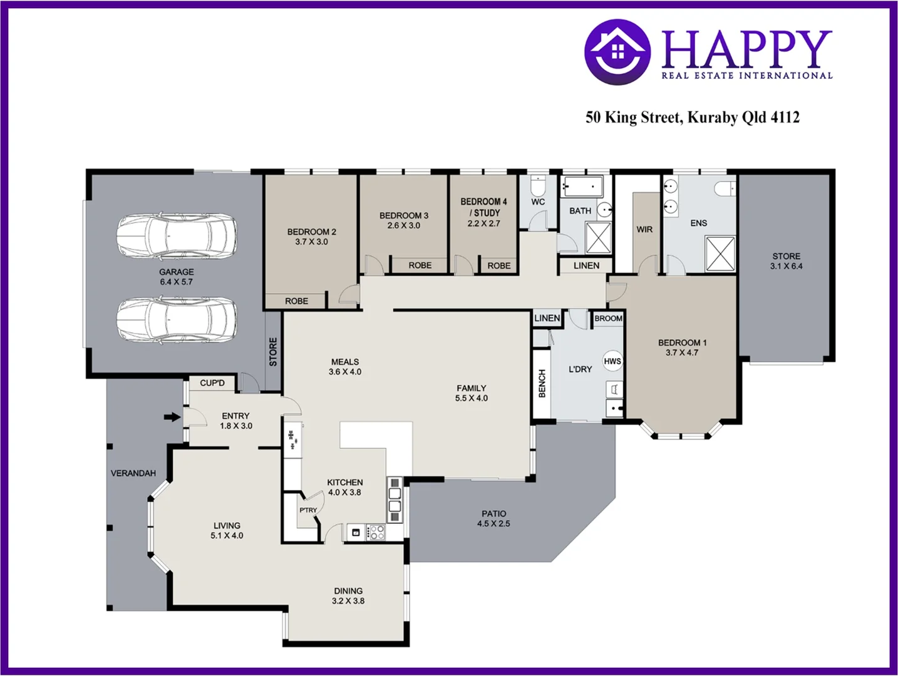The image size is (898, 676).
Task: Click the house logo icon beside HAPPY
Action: (617, 51)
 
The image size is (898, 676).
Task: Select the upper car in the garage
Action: (177, 237)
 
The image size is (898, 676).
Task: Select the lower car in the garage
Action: (177, 320)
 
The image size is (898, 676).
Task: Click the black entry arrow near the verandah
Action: (172, 417)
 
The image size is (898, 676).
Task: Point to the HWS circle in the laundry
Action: (612, 361)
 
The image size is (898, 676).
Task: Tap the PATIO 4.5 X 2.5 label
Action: (493, 518)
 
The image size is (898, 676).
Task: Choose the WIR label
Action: (644, 230)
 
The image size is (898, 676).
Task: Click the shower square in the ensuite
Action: (720, 253)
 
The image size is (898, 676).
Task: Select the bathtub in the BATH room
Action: (582, 187)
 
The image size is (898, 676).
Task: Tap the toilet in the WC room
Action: (538, 186)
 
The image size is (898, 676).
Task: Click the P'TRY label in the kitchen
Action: (308, 510)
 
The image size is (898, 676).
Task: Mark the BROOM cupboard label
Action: (608, 319)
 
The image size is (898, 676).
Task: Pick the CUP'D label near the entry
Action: (212, 383)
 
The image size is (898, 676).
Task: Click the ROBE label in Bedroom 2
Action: (296, 301)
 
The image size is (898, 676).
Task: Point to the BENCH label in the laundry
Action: (542, 383)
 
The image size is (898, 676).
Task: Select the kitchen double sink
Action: (395, 499)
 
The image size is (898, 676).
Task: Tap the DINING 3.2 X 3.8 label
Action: (348, 596)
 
